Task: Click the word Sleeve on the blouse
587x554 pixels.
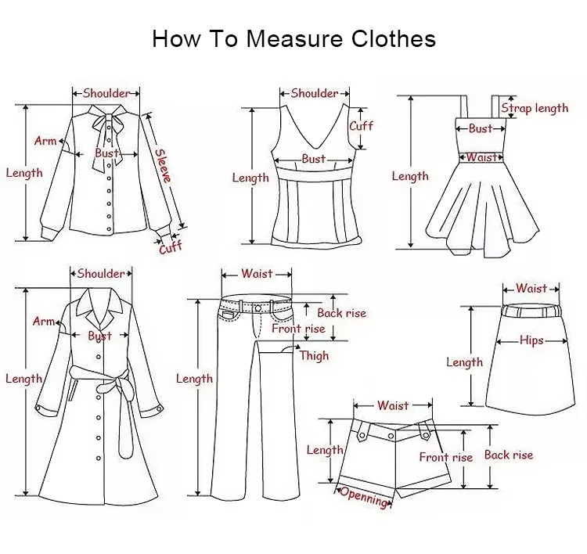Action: [x=163, y=165]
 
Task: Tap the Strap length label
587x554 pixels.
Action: [x=535, y=108]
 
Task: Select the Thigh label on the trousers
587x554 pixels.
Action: [x=314, y=355]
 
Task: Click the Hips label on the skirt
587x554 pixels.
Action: [x=531, y=340]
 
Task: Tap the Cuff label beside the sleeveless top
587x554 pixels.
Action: [x=361, y=126]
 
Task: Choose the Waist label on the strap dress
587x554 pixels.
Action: [x=481, y=157]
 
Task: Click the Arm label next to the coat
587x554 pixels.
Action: [x=43, y=321]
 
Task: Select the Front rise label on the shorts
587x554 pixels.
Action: [x=446, y=457]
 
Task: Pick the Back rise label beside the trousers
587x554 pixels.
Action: [x=341, y=313]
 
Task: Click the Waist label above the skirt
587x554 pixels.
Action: [x=531, y=288]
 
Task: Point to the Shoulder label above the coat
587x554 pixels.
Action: [x=101, y=274]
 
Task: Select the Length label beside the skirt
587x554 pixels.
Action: [x=465, y=362]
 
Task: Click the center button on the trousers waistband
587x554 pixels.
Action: [x=258, y=308]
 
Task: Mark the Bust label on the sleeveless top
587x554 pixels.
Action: [x=313, y=159]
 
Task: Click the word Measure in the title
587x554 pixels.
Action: [x=294, y=38]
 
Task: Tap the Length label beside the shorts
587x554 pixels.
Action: [x=325, y=450]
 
